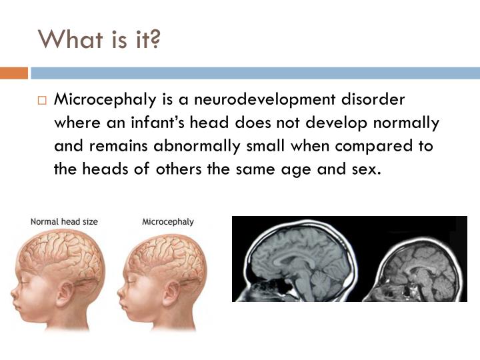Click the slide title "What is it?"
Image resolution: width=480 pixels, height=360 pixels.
click(x=100, y=40)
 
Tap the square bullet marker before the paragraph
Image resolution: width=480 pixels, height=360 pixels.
click(x=42, y=101)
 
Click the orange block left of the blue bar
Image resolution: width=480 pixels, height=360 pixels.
click(x=13, y=73)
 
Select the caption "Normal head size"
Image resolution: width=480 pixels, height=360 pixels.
click(x=63, y=221)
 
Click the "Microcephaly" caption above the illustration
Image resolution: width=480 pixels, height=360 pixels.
click(x=168, y=221)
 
